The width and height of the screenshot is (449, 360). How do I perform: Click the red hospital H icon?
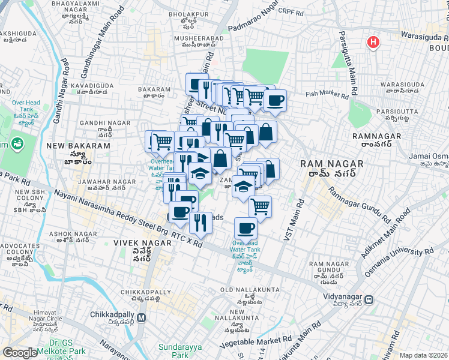pos(373,42)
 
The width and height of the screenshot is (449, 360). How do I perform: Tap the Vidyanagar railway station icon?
pos(371,299)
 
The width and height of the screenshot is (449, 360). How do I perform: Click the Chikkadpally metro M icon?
pos(142,317)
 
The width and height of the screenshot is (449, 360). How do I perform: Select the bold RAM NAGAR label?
pos(332,163)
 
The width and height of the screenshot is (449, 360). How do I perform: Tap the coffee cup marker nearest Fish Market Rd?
pos(276,101)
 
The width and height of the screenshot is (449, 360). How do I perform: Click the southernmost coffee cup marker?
pos(246,228)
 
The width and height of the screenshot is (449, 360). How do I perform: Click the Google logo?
pos(20,353)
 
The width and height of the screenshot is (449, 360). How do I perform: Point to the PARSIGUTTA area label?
pos(395,112)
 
